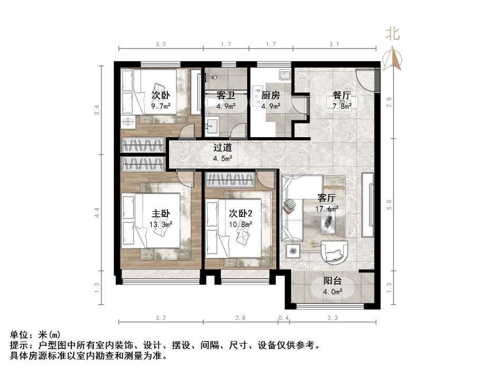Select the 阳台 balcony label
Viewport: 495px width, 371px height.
pos(333,281)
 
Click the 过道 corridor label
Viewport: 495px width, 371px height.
pos(222,148)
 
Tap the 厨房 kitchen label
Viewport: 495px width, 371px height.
pos(270,96)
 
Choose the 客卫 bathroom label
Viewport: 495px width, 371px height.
pos(226,96)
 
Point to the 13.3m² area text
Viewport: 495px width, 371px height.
pos(161,224)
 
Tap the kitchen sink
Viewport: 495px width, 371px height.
pos(285,75)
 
